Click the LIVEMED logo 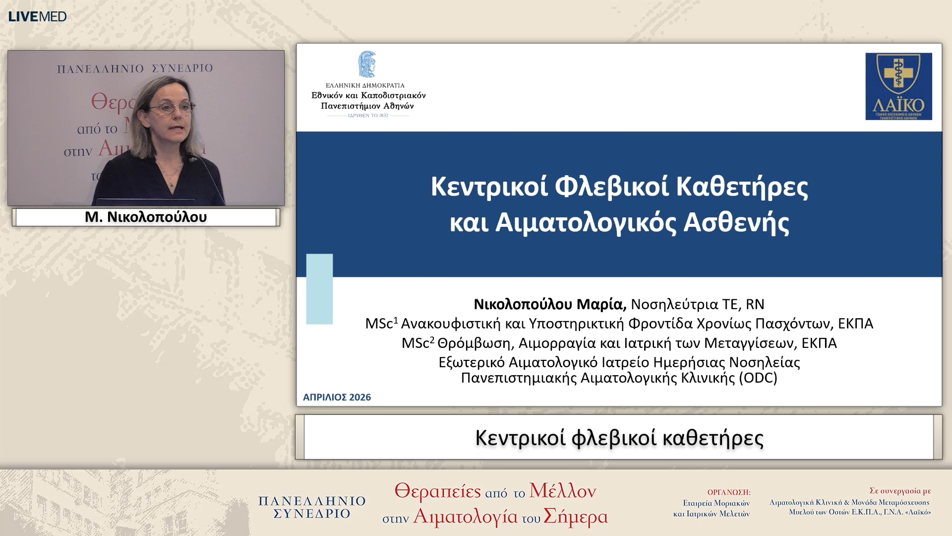pos(37,16)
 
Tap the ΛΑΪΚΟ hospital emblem pos(898,86)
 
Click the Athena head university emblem pos(367,64)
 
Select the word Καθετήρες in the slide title pos(742,187)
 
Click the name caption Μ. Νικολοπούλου pos(146,217)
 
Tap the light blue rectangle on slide pos(319,289)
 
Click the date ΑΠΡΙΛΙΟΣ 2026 pos(337,397)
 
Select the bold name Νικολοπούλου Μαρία pos(550,304)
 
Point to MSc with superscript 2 pos(417,343)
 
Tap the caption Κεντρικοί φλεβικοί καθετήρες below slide pos(619,438)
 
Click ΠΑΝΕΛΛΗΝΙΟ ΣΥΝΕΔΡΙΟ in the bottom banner pos(312,507)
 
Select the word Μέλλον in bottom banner pos(562,491)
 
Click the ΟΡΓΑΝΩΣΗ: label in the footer pos(728,492)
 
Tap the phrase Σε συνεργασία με pos(900,491)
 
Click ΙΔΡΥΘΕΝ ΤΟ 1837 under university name pos(368,116)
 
